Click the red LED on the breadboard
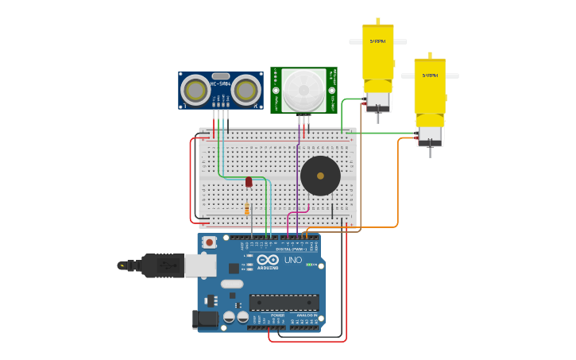pos(249,182)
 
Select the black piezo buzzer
pos(320,176)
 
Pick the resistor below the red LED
pos(247,209)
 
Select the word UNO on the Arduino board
pos(292,260)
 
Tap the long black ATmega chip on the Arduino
pos(284,302)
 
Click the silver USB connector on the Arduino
pos(200,265)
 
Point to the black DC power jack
pos(205,319)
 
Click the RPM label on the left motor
pos(378,41)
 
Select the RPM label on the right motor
pos(430,75)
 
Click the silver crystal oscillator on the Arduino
pos(231,284)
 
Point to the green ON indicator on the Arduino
pos(311,264)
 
